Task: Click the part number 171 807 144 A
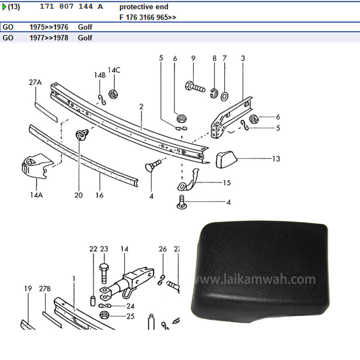pyautogui.click(x=71, y=7)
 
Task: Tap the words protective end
pyautogui.click(x=144, y=7)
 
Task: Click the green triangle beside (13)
pyautogui.click(x=4, y=7)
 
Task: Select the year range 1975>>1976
pyautogui.click(x=49, y=27)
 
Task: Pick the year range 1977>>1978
pyautogui.click(x=49, y=38)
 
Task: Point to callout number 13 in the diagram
pyautogui.click(x=276, y=159)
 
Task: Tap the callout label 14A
pyautogui.click(x=36, y=195)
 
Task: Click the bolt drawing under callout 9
pyautogui.click(x=195, y=87)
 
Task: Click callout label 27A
pyautogui.click(x=35, y=82)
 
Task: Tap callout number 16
pyautogui.click(x=100, y=195)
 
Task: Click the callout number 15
pyautogui.click(x=226, y=183)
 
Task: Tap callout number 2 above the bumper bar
pyautogui.click(x=141, y=107)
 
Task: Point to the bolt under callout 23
pyautogui.click(x=104, y=273)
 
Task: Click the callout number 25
pyautogui.click(x=130, y=316)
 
